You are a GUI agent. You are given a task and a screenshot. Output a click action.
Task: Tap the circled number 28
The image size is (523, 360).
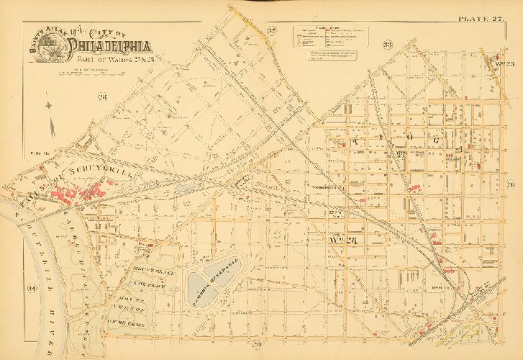pos(102,96)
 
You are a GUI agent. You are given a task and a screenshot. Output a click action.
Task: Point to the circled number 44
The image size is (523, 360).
pos(31,289)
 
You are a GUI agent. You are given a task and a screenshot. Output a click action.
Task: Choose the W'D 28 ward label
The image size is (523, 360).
pos(337,239)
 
